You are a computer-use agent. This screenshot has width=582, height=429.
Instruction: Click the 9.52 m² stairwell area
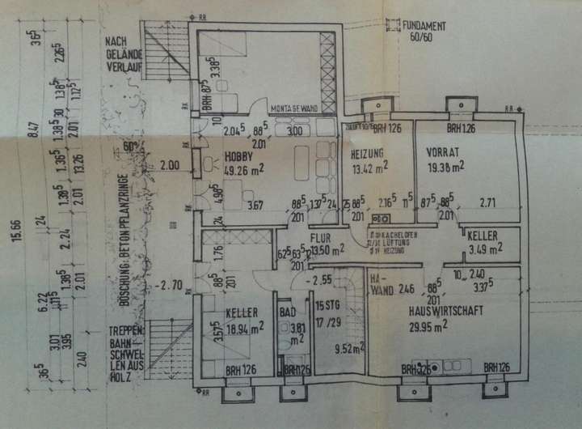tap(350, 349)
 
